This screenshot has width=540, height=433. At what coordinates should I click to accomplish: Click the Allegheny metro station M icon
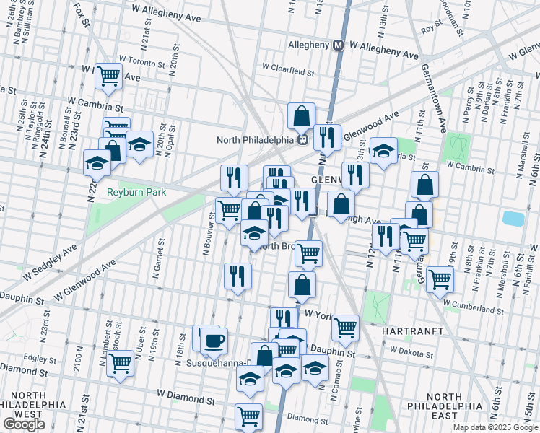click(337, 45)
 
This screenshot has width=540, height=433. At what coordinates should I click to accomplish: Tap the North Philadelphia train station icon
click(304, 139)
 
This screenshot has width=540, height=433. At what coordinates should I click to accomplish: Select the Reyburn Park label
click(136, 192)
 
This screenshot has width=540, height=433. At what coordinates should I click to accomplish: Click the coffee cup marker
click(213, 340)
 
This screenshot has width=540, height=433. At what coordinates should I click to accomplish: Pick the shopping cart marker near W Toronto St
click(108, 74)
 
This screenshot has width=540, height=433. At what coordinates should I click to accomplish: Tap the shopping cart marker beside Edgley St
click(120, 363)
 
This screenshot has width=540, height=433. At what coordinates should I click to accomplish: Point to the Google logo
click(24, 424)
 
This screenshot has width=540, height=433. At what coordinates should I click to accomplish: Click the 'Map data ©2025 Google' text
click(495, 427)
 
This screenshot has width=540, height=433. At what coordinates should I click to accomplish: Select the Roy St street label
click(431, 28)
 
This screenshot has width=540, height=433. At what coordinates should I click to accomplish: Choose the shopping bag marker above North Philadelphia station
click(301, 115)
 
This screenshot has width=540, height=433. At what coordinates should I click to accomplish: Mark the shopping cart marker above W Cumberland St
click(439, 279)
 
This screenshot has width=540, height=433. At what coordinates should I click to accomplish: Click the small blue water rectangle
click(513, 218)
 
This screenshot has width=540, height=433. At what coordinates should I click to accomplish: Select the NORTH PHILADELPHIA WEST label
click(29, 406)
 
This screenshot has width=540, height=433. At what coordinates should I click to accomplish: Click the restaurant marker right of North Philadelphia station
click(327, 136)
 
